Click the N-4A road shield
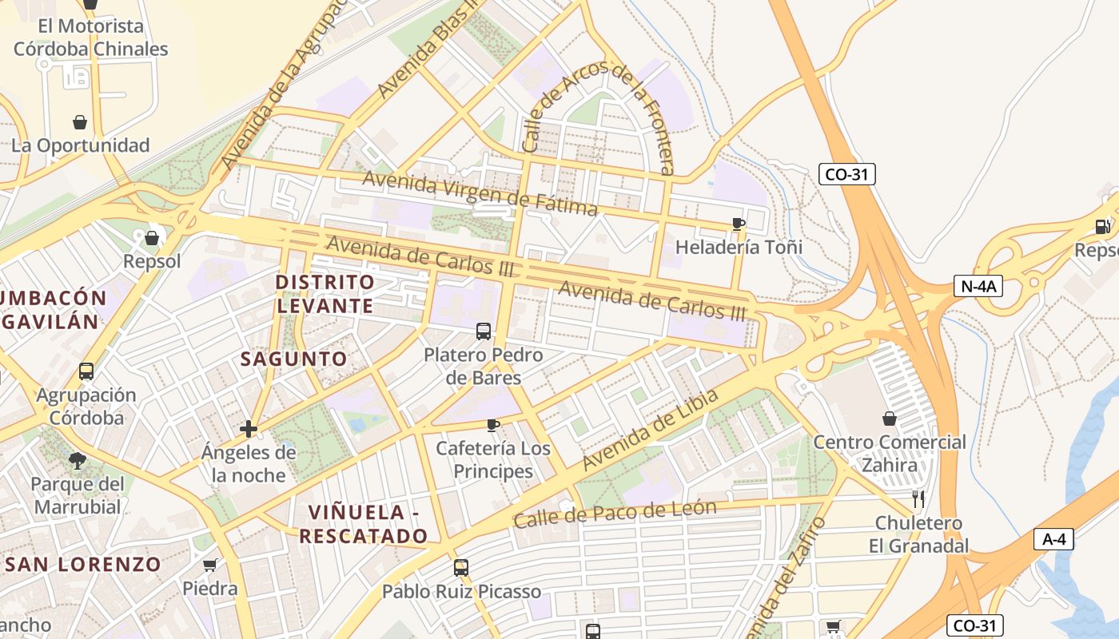coord(978,285)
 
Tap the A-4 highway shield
coord(1054,539)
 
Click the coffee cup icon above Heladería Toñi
coord(738,224)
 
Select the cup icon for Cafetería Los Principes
coord(493,425)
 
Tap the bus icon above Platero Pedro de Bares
coord(483,331)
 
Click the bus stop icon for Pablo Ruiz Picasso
coord(461,568)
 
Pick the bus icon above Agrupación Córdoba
coord(86,371)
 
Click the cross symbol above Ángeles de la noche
coord(249,430)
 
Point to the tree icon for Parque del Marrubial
coord(78,461)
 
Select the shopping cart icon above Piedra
coord(210,566)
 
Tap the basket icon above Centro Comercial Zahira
coord(889,419)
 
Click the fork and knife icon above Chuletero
coord(918,500)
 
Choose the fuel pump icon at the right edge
coord(1103,227)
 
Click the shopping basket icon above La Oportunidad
coord(80,122)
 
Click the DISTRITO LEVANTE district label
coord(325,294)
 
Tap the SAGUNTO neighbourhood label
coord(294,359)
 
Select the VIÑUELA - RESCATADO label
coord(364,523)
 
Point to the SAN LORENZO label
coord(83,564)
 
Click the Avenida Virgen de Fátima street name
coord(480,192)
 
